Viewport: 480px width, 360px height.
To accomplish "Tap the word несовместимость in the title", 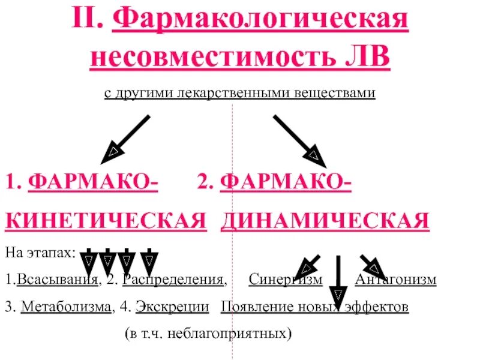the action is (204, 58).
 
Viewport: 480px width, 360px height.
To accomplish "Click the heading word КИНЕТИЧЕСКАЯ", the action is (102, 220).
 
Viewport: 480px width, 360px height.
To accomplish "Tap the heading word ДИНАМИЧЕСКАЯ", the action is (325, 220).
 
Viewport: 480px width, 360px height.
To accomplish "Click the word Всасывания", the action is (57, 280).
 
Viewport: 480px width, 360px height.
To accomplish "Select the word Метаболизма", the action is (66, 307).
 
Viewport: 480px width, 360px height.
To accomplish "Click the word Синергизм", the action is (285, 280).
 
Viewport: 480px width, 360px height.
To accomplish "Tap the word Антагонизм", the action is (395, 280).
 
